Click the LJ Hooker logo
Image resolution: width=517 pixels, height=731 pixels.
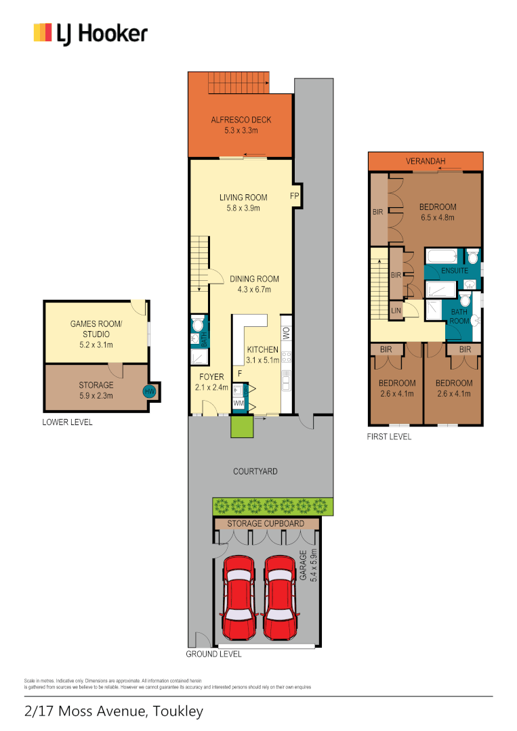click(x=90, y=33)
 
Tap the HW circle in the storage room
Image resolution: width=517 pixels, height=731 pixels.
click(x=148, y=391)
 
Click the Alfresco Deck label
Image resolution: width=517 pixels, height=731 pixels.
click(x=241, y=120)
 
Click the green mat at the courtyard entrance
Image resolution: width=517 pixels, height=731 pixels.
click(x=241, y=427)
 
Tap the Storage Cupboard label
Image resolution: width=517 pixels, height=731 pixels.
click(x=266, y=523)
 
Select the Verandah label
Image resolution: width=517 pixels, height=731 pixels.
click(x=425, y=162)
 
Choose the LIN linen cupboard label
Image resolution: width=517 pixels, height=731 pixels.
click(x=395, y=311)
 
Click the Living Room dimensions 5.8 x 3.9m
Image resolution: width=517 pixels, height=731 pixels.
click(x=243, y=208)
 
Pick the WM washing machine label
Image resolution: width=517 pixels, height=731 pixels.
click(x=238, y=403)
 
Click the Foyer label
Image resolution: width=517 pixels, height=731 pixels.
click(x=211, y=377)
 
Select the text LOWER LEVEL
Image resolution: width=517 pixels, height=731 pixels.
click(x=67, y=422)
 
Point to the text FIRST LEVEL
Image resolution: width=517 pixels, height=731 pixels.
click(x=389, y=437)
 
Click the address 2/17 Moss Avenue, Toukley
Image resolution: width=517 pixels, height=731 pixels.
click(x=113, y=711)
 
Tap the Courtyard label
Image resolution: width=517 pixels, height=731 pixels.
click(x=255, y=471)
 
